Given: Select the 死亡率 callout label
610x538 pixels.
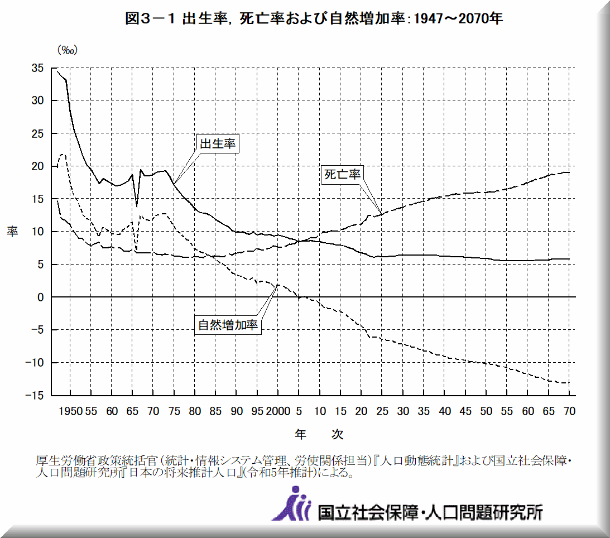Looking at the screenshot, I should click(343, 174).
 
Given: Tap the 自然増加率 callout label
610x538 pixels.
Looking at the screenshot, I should click(228, 325).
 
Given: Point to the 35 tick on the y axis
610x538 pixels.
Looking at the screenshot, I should click(38, 68).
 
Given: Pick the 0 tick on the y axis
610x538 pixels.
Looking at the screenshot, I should click(41, 297).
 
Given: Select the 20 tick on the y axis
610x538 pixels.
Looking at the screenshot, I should click(38, 166).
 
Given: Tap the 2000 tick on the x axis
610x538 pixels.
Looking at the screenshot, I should click(278, 411).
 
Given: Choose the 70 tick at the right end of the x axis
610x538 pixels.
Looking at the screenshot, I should click(569, 411).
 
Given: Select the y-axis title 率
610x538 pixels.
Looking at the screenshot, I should click(12, 232).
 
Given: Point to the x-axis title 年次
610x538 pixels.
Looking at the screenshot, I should click(319, 434).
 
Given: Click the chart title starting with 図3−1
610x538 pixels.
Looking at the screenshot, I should click(314, 19).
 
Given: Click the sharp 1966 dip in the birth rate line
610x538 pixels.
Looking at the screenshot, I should click(137, 205).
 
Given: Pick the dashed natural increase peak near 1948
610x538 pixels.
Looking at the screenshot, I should click(63, 155).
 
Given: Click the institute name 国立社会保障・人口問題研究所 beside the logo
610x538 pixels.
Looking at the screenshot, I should click(430, 511).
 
